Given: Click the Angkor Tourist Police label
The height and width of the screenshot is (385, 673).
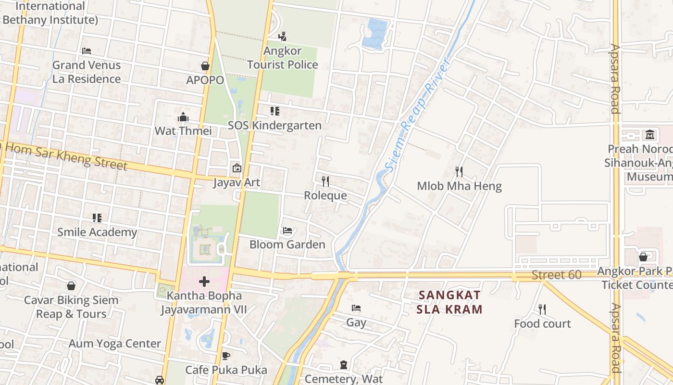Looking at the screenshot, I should coord(283,58).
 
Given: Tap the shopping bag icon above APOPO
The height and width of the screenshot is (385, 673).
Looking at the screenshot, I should coord(205,66).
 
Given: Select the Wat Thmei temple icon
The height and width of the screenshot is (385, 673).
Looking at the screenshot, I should coord(183,117).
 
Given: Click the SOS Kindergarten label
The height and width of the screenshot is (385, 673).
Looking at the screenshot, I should coord(274,126).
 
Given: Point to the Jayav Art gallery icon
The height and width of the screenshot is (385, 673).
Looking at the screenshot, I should coord(237,168).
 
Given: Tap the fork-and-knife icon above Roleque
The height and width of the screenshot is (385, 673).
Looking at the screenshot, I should coord(325,181).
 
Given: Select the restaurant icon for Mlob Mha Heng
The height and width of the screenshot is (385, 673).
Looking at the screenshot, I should coord(459,171).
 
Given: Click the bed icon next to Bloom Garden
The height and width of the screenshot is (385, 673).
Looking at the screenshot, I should coord(287,231).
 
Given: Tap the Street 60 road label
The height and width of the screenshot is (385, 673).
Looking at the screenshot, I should coord(556,275).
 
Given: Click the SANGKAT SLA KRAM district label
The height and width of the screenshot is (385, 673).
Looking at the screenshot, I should coord(449,302).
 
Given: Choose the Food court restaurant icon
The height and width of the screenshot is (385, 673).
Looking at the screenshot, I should coord(542,309).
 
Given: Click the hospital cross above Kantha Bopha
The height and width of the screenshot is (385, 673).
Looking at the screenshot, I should coord(204,281).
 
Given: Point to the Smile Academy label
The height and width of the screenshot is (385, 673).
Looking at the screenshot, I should coord(97,232).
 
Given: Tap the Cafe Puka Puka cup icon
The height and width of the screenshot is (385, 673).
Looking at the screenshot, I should coord(226,356).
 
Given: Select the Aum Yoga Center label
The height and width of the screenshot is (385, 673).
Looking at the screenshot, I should coord(114,344).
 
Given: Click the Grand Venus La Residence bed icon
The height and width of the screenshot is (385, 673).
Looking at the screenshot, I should coord(87,51).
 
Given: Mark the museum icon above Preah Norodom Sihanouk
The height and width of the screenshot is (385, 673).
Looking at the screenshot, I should coord(650,134).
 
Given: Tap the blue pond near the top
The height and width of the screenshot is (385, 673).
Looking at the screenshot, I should coord(375,32).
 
